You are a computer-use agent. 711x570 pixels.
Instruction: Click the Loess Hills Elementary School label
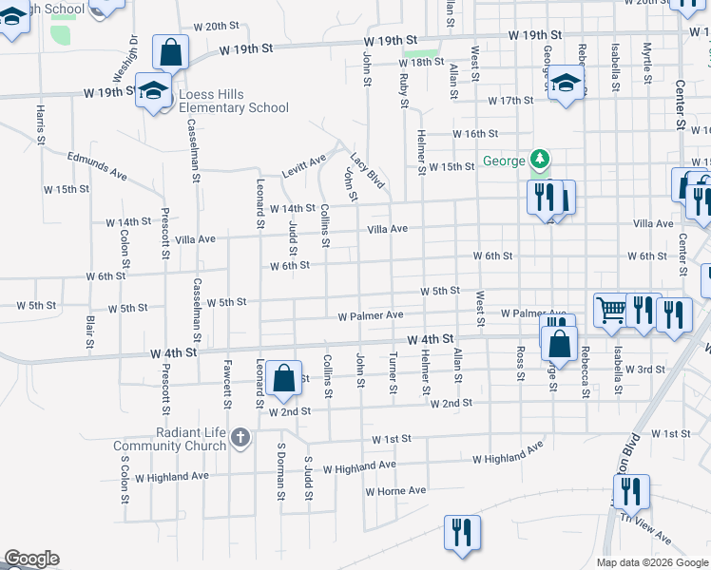(x=222, y=101)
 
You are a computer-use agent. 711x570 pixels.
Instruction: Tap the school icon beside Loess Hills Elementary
(x=152, y=90)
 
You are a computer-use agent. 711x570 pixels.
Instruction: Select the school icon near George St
(x=566, y=82)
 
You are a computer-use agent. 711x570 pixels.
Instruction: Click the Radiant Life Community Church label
(x=169, y=439)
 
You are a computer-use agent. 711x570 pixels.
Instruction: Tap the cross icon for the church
(x=240, y=438)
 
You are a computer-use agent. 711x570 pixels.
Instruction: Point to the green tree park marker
(x=540, y=158)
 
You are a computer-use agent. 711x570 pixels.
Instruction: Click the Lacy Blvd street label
(x=367, y=170)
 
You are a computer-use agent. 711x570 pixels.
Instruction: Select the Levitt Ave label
(x=303, y=166)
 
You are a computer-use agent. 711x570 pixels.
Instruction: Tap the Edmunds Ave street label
(x=97, y=165)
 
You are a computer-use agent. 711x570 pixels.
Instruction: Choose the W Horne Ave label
(x=396, y=490)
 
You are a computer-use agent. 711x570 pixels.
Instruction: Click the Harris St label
(x=41, y=124)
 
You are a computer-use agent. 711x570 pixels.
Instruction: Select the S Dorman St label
(x=281, y=471)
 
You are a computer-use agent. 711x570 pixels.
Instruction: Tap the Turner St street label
(x=393, y=372)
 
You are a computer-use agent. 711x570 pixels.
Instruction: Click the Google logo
(x=31, y=559)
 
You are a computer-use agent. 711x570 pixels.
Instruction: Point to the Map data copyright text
(x=651, y=562)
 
